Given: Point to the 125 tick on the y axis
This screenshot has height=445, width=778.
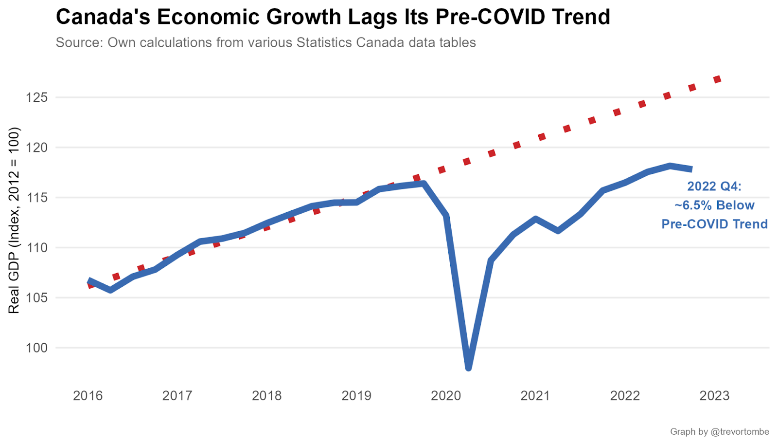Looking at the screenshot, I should tap(37, 97).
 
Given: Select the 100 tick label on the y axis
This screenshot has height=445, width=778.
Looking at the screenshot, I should tap(37, 348).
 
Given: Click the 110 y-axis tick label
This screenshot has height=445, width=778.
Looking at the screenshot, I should tap(37, 248).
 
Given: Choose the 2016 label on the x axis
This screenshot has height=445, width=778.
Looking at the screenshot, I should tap(88, 395).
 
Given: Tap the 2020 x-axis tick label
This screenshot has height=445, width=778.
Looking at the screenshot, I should tap(446, 395).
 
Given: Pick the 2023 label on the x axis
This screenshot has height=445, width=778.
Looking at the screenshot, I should tap(714, 395).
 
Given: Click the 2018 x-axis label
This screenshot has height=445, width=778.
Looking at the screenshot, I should tap(267, 395).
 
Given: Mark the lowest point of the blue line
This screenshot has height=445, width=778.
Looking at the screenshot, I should tap(468, 368).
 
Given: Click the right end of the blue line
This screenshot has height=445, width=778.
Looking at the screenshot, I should tap(690, 169).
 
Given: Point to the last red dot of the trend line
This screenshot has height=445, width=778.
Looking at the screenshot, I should tap(717, 79).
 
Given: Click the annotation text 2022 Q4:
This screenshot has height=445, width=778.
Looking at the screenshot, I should tap(714, 186).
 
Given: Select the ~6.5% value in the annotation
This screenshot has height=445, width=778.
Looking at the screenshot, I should tap(690, 205).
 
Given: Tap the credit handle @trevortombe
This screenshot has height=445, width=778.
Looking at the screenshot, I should tap(740, 432).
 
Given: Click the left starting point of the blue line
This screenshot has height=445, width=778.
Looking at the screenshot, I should tap(89, 281).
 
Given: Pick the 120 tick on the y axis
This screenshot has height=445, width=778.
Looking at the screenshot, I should tap(37, 148).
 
